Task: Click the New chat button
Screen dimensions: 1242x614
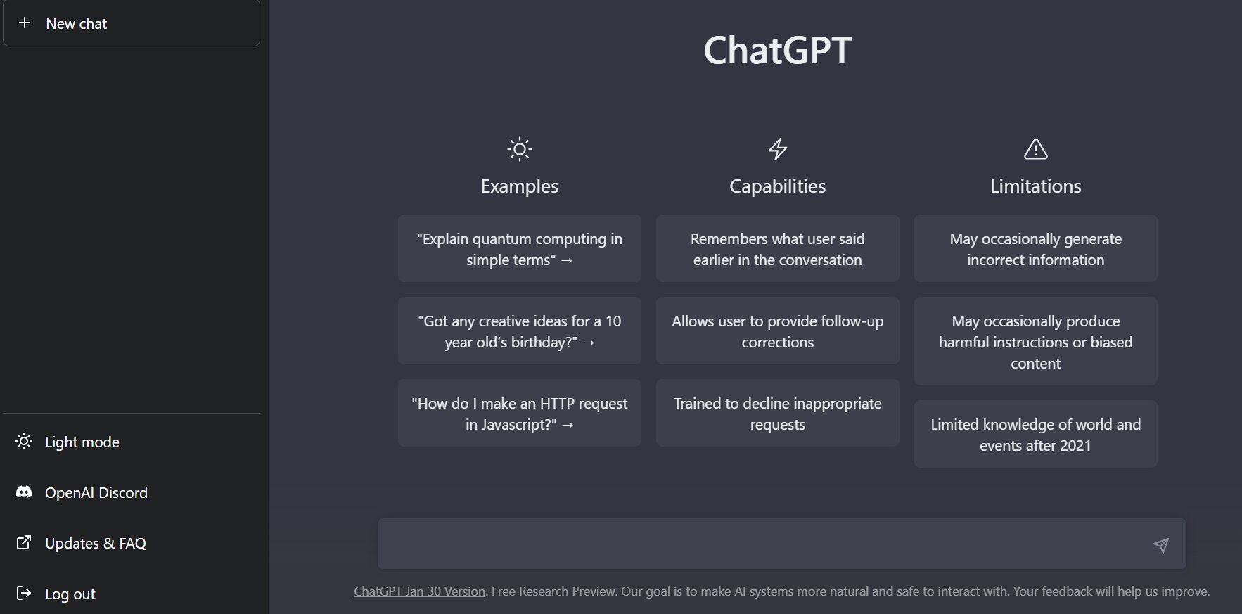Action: [x=132, y=23]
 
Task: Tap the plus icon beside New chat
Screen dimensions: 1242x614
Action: [x=25, y=23]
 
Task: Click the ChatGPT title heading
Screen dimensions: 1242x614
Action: [x=777, y=50]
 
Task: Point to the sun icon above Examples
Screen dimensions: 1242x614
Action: [x=520, y=149]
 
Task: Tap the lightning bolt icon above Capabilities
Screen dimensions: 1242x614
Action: [x=777, y=149]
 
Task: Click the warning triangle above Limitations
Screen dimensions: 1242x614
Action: [x=1036, y=149]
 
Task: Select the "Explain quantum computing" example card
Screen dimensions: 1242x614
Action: [x=520, y=248]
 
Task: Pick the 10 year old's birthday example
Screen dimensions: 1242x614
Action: [x=520, y=331]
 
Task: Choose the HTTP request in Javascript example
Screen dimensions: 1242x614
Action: [x=520, y=413]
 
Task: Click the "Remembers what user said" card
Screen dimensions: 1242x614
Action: [x=778, y=248]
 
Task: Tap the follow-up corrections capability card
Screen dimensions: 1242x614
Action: [x=778, y=331]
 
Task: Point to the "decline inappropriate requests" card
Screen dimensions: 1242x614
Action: [x=778, y=413]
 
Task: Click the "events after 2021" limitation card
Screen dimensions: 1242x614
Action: [x=1036, y=434]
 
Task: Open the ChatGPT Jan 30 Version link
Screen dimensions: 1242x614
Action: [x=420, y=591]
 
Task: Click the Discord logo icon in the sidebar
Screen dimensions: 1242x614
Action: [x=24, y=492]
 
